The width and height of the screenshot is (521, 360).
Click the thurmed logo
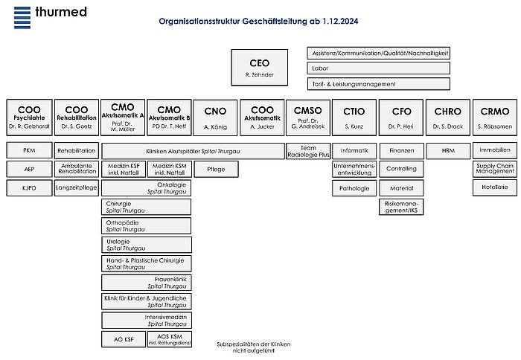point(50,14)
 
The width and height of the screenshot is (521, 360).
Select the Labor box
point(378,68)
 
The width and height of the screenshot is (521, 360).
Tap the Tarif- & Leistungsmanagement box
point(378,84)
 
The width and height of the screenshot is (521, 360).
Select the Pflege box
point(215,170)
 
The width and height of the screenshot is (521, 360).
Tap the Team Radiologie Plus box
point(308,151)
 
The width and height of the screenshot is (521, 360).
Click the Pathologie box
point(354,188)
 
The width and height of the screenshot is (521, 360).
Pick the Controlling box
point(401,169)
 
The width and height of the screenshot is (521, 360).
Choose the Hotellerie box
point(495,188)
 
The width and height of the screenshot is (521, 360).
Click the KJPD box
point(29,188)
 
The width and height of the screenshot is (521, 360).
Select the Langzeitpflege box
point(76,188)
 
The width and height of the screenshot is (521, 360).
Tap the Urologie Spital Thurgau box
point(146,245)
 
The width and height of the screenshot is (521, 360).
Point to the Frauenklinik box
point(146,282)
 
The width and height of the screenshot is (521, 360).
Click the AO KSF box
point(124,339)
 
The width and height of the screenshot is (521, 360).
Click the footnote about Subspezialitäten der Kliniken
point(253,347)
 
